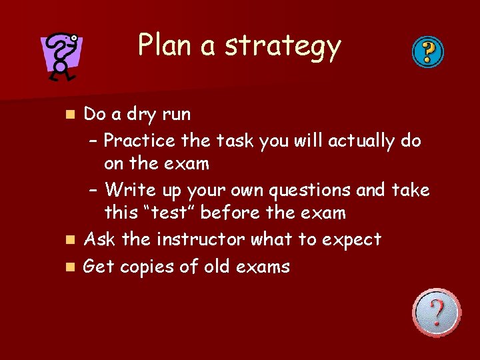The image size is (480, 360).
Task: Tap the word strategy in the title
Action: tap(283, 47)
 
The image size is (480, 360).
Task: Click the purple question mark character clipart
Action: tap(61, 57)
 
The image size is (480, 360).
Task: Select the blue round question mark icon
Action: tap(427, 51)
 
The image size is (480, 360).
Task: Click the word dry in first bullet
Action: tap(142, 115)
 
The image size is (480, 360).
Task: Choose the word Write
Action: tap(131, 190)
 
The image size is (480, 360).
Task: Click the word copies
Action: tap(153, 267)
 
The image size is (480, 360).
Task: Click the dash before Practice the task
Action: tap(93, 141)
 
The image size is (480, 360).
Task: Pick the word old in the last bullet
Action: tap(212, 267)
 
